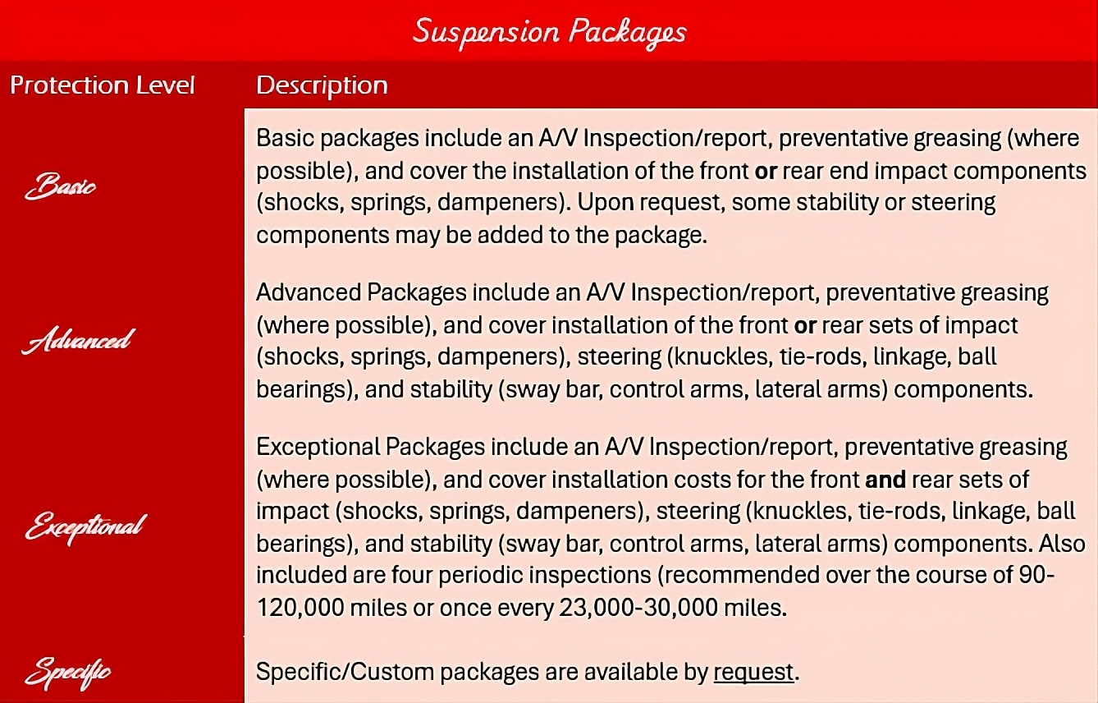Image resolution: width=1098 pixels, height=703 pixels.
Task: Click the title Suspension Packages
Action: [549, 32]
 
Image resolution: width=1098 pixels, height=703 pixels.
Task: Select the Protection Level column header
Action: [103, 85]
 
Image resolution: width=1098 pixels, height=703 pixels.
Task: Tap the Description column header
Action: [322, 85]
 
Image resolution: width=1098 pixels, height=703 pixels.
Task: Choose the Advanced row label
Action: [76, 339]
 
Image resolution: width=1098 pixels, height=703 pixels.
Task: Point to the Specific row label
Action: [67, 673]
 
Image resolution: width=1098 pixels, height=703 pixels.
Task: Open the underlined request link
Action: [753, 672]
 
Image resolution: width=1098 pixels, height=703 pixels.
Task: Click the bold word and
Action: [885, 480]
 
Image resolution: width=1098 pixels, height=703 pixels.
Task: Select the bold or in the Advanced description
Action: [805, 325]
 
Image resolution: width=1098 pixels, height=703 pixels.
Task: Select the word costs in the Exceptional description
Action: [749, 480]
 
